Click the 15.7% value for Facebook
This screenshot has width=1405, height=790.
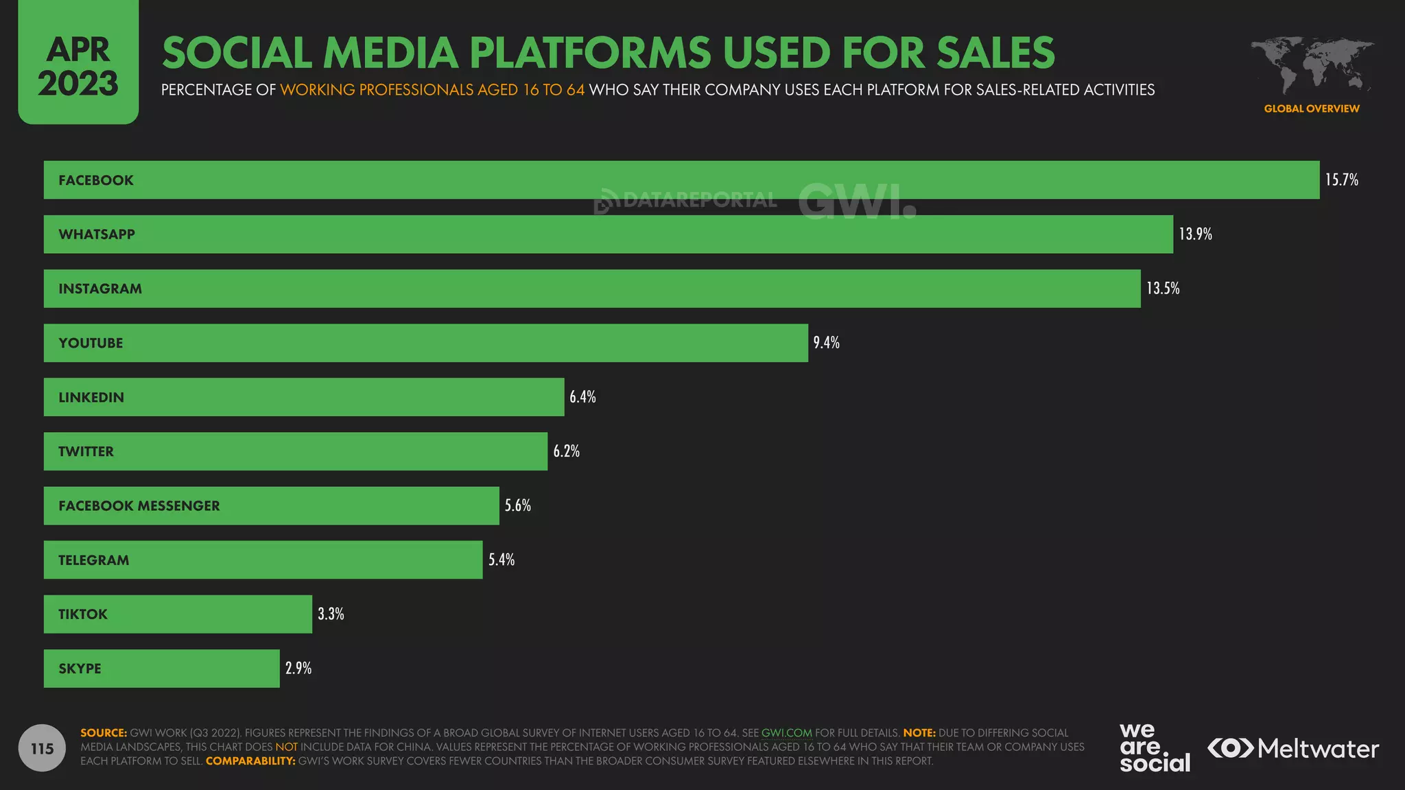coord(1341,180)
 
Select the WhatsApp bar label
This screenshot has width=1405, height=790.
coord(97,235)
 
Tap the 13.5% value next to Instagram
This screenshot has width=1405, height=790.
coord(1163,289)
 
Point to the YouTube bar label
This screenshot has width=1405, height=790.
coord(91,343)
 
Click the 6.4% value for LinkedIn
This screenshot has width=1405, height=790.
coord(582,397)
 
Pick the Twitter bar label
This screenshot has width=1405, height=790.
coord(86,451)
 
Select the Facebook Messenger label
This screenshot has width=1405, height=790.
coord(139,506)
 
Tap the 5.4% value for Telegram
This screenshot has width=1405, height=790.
coord(501,560)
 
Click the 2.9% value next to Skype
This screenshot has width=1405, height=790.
coord(298,669)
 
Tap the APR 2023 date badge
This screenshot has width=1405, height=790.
coord(78,66)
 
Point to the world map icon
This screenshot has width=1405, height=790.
coord(1311,65)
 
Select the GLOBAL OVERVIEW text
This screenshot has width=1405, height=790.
coord(1311,108)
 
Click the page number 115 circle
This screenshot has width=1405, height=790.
coord(42,748)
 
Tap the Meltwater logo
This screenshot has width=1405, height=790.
coord(1293,748)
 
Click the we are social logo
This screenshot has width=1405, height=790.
coord(1154,748)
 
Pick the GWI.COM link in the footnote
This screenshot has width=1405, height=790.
coord(786,733)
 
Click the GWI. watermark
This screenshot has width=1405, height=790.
coord(857,201)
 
